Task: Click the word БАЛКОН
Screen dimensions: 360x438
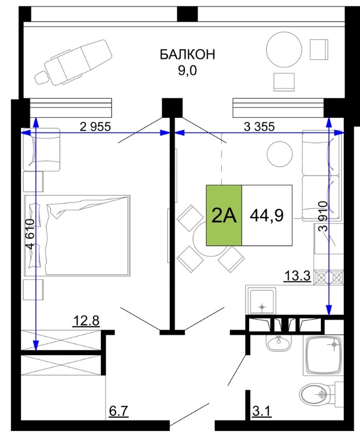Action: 187,54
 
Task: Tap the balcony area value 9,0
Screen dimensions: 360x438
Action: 187,71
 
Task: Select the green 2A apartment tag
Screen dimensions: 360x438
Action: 224,215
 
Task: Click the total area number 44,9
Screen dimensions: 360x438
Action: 267,215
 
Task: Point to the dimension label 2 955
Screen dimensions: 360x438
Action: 95,127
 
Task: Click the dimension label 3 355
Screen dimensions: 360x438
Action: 260,127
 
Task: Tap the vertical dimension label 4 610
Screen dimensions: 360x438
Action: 30,234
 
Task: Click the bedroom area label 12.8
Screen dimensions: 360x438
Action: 86,321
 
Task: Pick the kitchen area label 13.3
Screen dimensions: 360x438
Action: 298,276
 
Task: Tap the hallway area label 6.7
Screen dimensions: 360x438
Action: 118,411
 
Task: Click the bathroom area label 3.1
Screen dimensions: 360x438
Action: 262,411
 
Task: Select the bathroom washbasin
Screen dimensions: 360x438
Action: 278,342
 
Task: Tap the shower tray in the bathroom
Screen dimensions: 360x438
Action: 324,355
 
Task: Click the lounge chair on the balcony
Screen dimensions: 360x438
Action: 74,62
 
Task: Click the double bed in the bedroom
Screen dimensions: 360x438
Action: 77,236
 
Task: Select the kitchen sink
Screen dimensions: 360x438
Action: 261,302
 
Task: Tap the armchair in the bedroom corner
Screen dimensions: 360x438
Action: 41,149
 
